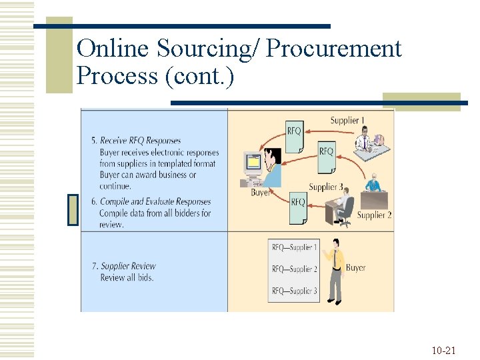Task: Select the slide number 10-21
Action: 443,350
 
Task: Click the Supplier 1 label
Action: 347,121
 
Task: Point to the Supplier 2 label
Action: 374,215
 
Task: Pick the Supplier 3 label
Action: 326,187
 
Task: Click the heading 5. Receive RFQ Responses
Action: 136,141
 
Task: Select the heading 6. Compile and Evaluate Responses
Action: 151,202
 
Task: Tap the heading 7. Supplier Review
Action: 124,266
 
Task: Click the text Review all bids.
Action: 127,277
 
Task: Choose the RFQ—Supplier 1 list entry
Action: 294,248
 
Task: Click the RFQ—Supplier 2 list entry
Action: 294,269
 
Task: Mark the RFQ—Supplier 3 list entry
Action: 294,291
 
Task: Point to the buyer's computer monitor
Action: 253,162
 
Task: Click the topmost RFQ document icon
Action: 294,134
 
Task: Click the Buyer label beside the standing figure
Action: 355,268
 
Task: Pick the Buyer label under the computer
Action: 260,193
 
